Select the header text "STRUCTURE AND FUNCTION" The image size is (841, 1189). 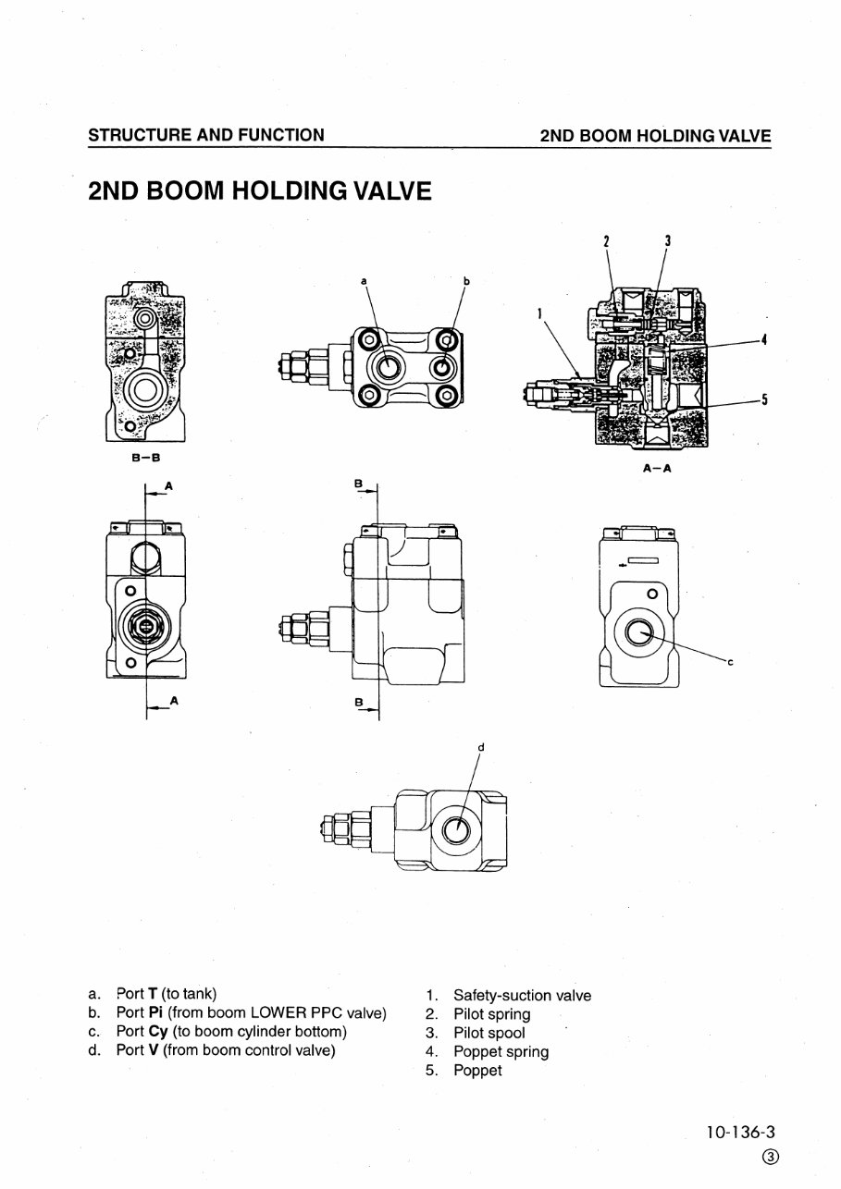tap(205, 135)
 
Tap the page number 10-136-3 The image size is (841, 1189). tap(742, 1131)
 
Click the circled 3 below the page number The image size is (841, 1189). tap(770, 1158)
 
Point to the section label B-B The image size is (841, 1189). tap(143, 458)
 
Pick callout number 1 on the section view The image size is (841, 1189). tap(539, 313)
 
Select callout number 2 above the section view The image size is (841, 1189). tap(607, 241)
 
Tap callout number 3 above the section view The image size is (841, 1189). tap(667, 241)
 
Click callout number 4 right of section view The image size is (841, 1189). tap(764, 339)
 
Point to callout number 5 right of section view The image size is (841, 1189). tap(764, 399)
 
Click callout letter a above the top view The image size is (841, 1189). tap(364, 279)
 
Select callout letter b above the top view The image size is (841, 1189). tap(466, 279)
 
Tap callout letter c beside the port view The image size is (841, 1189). tap(730, 662)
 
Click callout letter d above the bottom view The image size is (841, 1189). tap(481, 747)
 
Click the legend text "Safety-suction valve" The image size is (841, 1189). tap(522, 996)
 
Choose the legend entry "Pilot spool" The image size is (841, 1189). tap(489, 1033)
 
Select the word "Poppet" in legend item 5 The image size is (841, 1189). tap(477, 1070)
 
